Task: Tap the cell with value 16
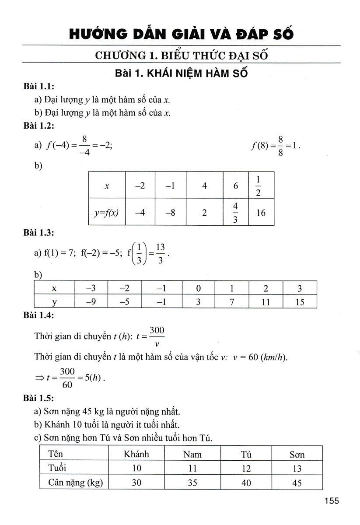click(x=261, y=213)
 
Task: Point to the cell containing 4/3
click(x=235, y=213)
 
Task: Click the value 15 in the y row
click(x=300, y=301)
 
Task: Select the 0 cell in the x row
click(x=199, y=289)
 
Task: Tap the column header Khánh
click(x=136, y=454)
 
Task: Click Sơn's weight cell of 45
click(x=297, y=483)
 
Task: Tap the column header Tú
click(x=246, y=454)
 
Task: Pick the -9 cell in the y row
click(x=91, y=301)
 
